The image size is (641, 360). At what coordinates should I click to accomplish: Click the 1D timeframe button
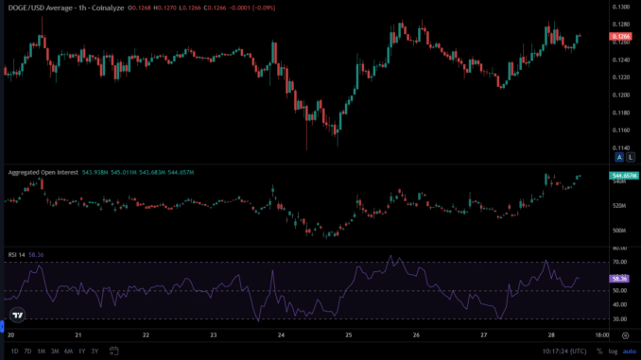[12, 351]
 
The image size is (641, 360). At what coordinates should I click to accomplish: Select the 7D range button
[27, 351]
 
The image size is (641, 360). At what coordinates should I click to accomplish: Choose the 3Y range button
[95, 351]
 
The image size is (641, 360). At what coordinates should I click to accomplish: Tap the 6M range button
[68, 351]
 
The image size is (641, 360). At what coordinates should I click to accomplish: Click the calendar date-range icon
[113, 351]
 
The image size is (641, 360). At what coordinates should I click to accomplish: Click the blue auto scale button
[628, 351]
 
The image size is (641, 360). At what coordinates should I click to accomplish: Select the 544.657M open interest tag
[623, 176]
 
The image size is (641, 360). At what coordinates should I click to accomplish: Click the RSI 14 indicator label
[17, 254]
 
